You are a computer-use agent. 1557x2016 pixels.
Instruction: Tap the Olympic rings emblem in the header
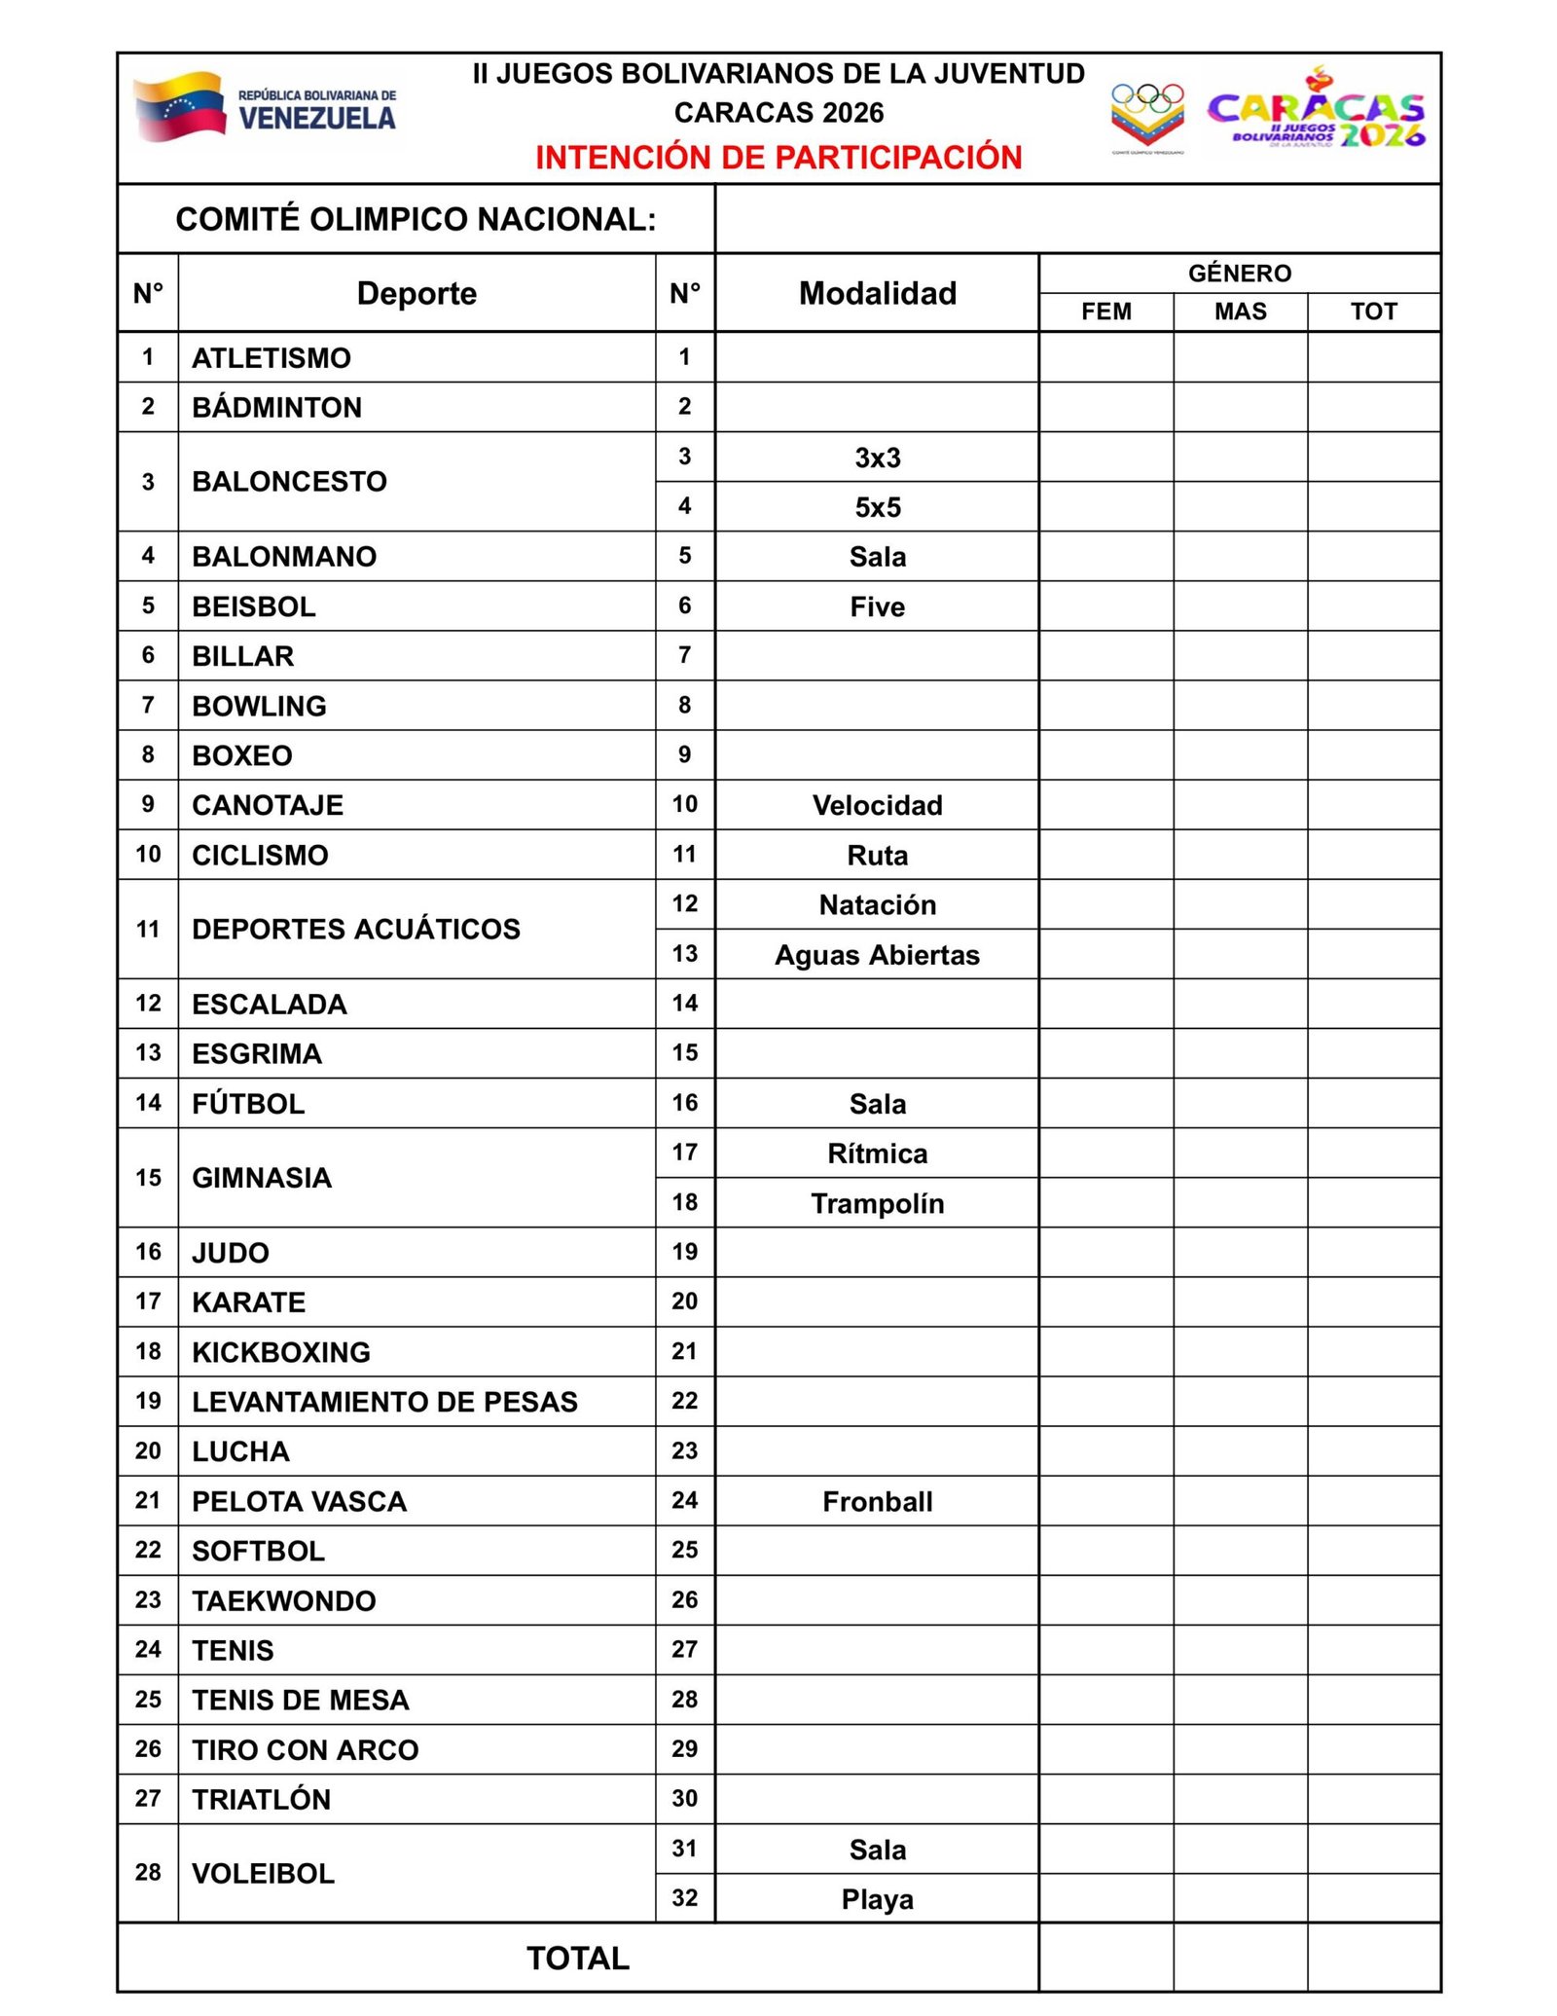click(1147, 115)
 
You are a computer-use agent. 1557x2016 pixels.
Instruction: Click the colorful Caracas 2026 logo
click(1316, 111)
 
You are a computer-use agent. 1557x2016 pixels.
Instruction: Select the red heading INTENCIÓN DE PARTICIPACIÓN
click(778, 158)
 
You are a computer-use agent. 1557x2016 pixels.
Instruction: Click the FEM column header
click(1106, 312)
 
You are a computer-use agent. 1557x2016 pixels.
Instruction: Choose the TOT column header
click(1373, 312)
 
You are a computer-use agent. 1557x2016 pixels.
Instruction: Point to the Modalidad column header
click(877, 293)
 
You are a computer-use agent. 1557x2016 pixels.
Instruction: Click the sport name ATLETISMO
click(272, 358)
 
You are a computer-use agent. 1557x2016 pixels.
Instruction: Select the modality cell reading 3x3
click(877, 458)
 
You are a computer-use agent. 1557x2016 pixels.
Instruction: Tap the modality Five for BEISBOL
click(877, 606)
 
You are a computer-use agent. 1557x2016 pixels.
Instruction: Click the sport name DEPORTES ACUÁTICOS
click(356, 929)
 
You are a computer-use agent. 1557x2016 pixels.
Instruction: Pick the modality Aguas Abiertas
click(877, 955)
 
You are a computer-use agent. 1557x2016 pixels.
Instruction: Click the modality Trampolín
click(877, 1203)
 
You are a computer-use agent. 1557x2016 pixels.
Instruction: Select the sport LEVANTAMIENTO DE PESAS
click(384, 1402)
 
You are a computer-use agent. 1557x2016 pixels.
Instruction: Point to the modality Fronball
click(877, 1501)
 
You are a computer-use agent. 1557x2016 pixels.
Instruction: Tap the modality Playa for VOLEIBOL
click(877, 1899)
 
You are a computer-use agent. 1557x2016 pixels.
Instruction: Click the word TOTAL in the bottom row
click(578, 1958)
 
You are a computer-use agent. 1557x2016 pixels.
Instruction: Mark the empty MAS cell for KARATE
click(1240, 1301)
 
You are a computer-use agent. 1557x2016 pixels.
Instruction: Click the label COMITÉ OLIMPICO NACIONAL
click(416, 219)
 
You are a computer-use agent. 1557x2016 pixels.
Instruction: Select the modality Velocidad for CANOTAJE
click(877, 805)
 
